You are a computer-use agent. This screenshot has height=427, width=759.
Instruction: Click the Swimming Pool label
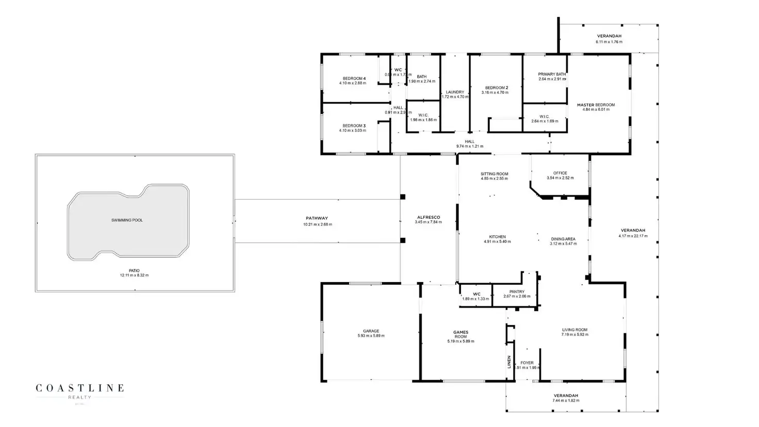pyautogui.click(x=127, y=220)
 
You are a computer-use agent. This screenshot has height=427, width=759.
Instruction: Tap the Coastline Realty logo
pyautogui.click(x=79, y=390)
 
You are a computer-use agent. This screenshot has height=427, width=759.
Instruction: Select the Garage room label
pyautogui.click(x=371, y=331)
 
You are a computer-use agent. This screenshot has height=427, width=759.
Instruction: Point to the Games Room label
pyautogui.click(x=460, y=334)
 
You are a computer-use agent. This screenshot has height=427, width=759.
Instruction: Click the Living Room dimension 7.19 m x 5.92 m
pyautogui.click(x=574, y=335)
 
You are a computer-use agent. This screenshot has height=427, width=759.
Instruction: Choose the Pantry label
pyautogui.click(x=517, y=292)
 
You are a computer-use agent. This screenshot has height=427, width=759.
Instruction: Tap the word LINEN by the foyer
pyautogui.click(x=509, y=362)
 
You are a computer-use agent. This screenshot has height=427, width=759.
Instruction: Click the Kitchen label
pyautogui.click(x=497, y=237)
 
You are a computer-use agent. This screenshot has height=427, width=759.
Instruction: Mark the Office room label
pyautogui.click(x=560, y=173)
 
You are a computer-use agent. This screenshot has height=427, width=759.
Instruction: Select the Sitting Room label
pyautogui.click(x=494, y=174)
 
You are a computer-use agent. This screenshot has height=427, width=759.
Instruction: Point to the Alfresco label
pyautogui.click(x=428, y=217)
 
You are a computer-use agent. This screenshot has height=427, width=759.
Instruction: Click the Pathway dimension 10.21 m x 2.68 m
pyautogui.click(x=317, y=224)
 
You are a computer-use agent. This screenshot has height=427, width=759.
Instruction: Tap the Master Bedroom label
pyautogui.click(x=596, y=105)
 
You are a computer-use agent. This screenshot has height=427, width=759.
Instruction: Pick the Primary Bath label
pyautogui.click(x=552, y=74)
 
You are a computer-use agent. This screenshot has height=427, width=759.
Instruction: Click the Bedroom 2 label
pyautogui.click(x=497, y=88)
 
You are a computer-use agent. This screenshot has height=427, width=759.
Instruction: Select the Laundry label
pyautogui.click(x=455, y=92)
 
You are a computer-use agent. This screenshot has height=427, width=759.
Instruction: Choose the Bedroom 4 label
pyautogui.click(x=354, y=78)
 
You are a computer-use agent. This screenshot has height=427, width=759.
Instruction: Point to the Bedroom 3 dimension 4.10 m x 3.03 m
pyautogui.click(x=353, y=130)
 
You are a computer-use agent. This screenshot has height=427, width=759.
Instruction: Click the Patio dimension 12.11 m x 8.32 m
pyautogui.click(x=134, y=275)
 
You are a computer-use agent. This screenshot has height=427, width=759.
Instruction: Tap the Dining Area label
pyautogui.click(x=563, y=239)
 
